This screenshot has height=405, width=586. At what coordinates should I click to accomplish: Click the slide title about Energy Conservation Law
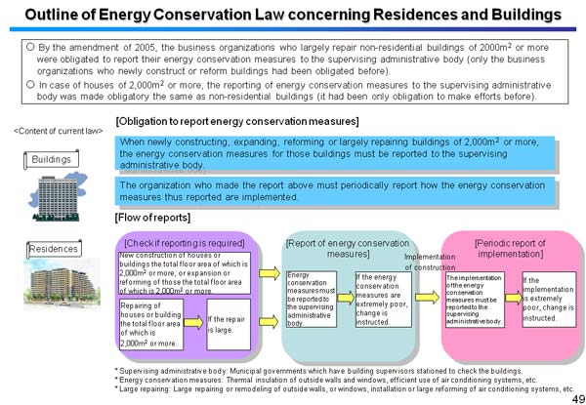[293, 16]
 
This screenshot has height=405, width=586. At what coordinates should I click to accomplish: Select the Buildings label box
[51, 158]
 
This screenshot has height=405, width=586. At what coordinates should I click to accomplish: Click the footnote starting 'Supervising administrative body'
[313, 370]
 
